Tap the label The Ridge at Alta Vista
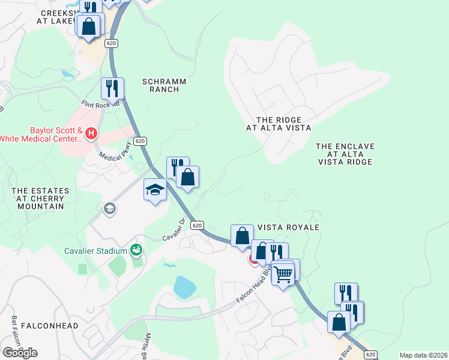(x=279, y=124)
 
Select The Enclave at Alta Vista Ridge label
(x=345, y=154)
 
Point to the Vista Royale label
(x=288, y=228)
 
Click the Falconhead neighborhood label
(x=50, y=326)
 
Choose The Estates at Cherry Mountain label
(x=41, y=199)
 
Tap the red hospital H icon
(x=91, y=133)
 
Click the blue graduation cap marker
(x=155, y=190)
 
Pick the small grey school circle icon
(x=109, y=208)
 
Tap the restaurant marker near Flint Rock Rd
(x=112, y=89)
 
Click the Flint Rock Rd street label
(x=101, y=103)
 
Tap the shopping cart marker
(x=283, y=275)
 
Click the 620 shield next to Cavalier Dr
(x=196, y=225)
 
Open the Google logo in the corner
(x=20, y=353)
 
